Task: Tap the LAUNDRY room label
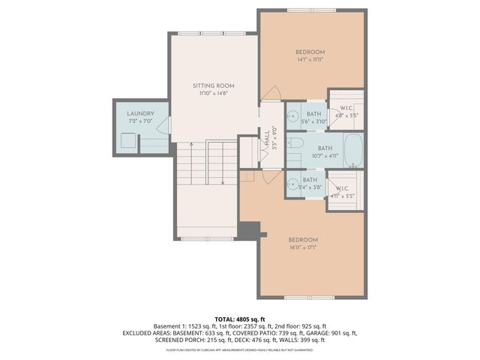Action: [x=140, y=112]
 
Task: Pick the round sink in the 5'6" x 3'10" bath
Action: [x=291, y=116]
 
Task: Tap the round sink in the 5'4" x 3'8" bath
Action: [x=291, y=183]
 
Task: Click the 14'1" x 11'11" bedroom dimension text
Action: [x=310, y=61]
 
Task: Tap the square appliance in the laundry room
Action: [x=128, y=139]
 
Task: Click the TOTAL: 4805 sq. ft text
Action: [x=240, y=318]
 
